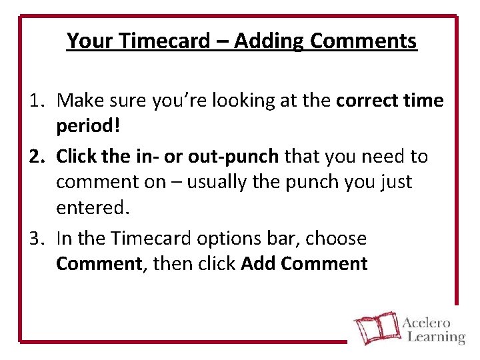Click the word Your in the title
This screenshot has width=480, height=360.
[x=90, y=41]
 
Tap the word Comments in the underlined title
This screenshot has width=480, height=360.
[x=364, y=41]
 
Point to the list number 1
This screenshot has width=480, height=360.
[x=36, y=101]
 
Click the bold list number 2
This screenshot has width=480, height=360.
[x=36, y=156]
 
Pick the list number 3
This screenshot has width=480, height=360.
[x=36, y=238]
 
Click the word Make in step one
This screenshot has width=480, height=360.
[x=79, y=101]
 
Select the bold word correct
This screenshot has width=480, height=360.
[x=365, y=101]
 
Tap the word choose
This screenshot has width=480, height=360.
[x=340, y=238]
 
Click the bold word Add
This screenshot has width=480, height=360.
[x=258, y=264]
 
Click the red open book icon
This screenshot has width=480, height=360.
[x=374, y=327]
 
